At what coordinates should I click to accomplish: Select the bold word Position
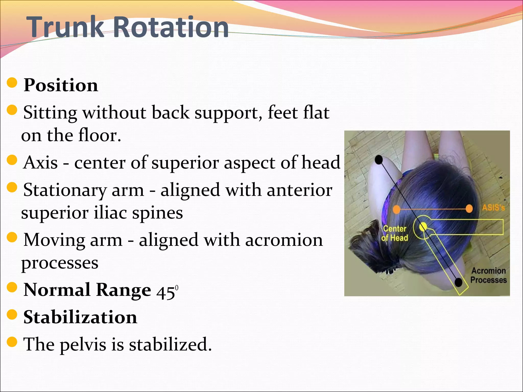point(61,85)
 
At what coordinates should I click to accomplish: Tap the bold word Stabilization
point(80,317)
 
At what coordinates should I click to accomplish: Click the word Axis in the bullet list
point(40,163)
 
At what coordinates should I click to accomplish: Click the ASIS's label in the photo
point(493,208)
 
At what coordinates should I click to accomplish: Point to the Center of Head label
point(395,233)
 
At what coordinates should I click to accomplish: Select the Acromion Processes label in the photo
point(488,275)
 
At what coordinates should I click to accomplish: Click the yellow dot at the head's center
point(423,226)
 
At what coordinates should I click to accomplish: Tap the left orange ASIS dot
point(396,209)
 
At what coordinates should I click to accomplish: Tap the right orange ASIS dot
point(469,209)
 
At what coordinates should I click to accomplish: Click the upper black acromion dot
point(379,160)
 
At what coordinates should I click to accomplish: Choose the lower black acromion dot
point(459,282)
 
